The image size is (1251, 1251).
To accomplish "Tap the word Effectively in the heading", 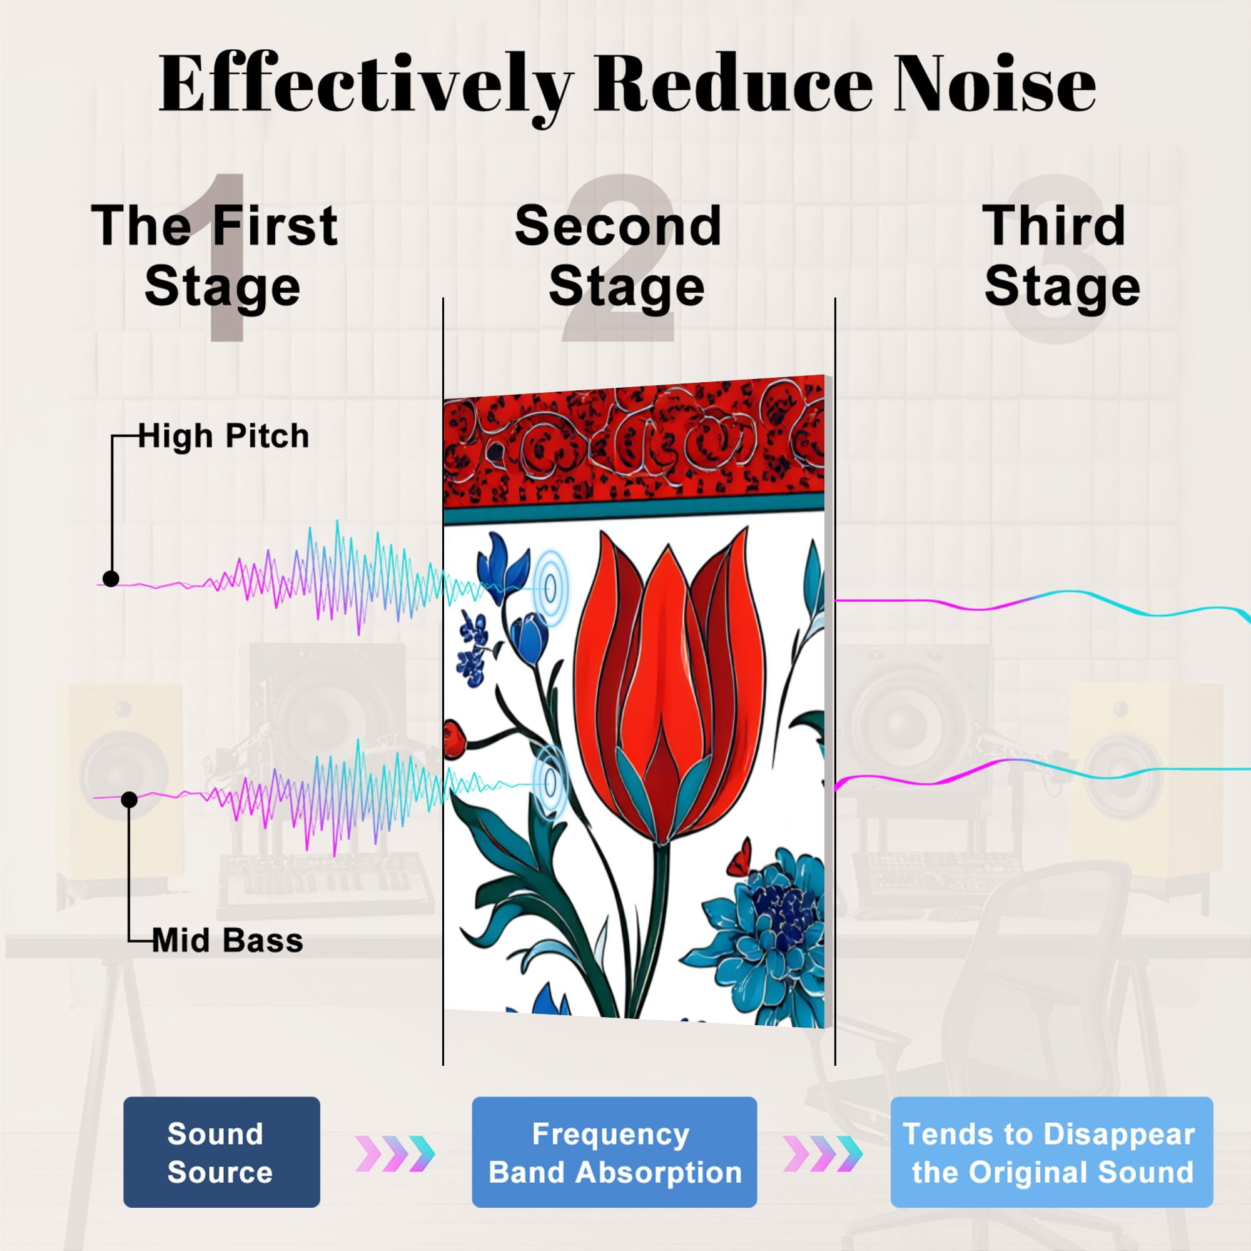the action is point(365,88).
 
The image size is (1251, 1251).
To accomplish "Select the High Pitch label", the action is point(223,437).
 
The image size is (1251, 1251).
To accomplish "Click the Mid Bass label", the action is point(227,941).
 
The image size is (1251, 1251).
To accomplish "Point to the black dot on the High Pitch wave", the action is point(111,579).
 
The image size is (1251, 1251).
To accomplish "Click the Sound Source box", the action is point(221,1152).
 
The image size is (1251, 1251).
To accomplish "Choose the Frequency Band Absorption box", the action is point(614,1152).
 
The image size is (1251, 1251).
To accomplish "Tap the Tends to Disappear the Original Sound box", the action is point(1051,1152).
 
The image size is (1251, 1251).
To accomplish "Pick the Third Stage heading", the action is point(1062,256).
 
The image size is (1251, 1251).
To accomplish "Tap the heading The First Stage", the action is point(215,256).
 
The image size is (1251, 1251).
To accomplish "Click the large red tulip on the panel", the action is point(669,686).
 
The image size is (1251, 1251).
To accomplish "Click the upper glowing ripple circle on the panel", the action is point(550,587).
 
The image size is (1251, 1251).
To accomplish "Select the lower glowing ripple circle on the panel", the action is point(550,783).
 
